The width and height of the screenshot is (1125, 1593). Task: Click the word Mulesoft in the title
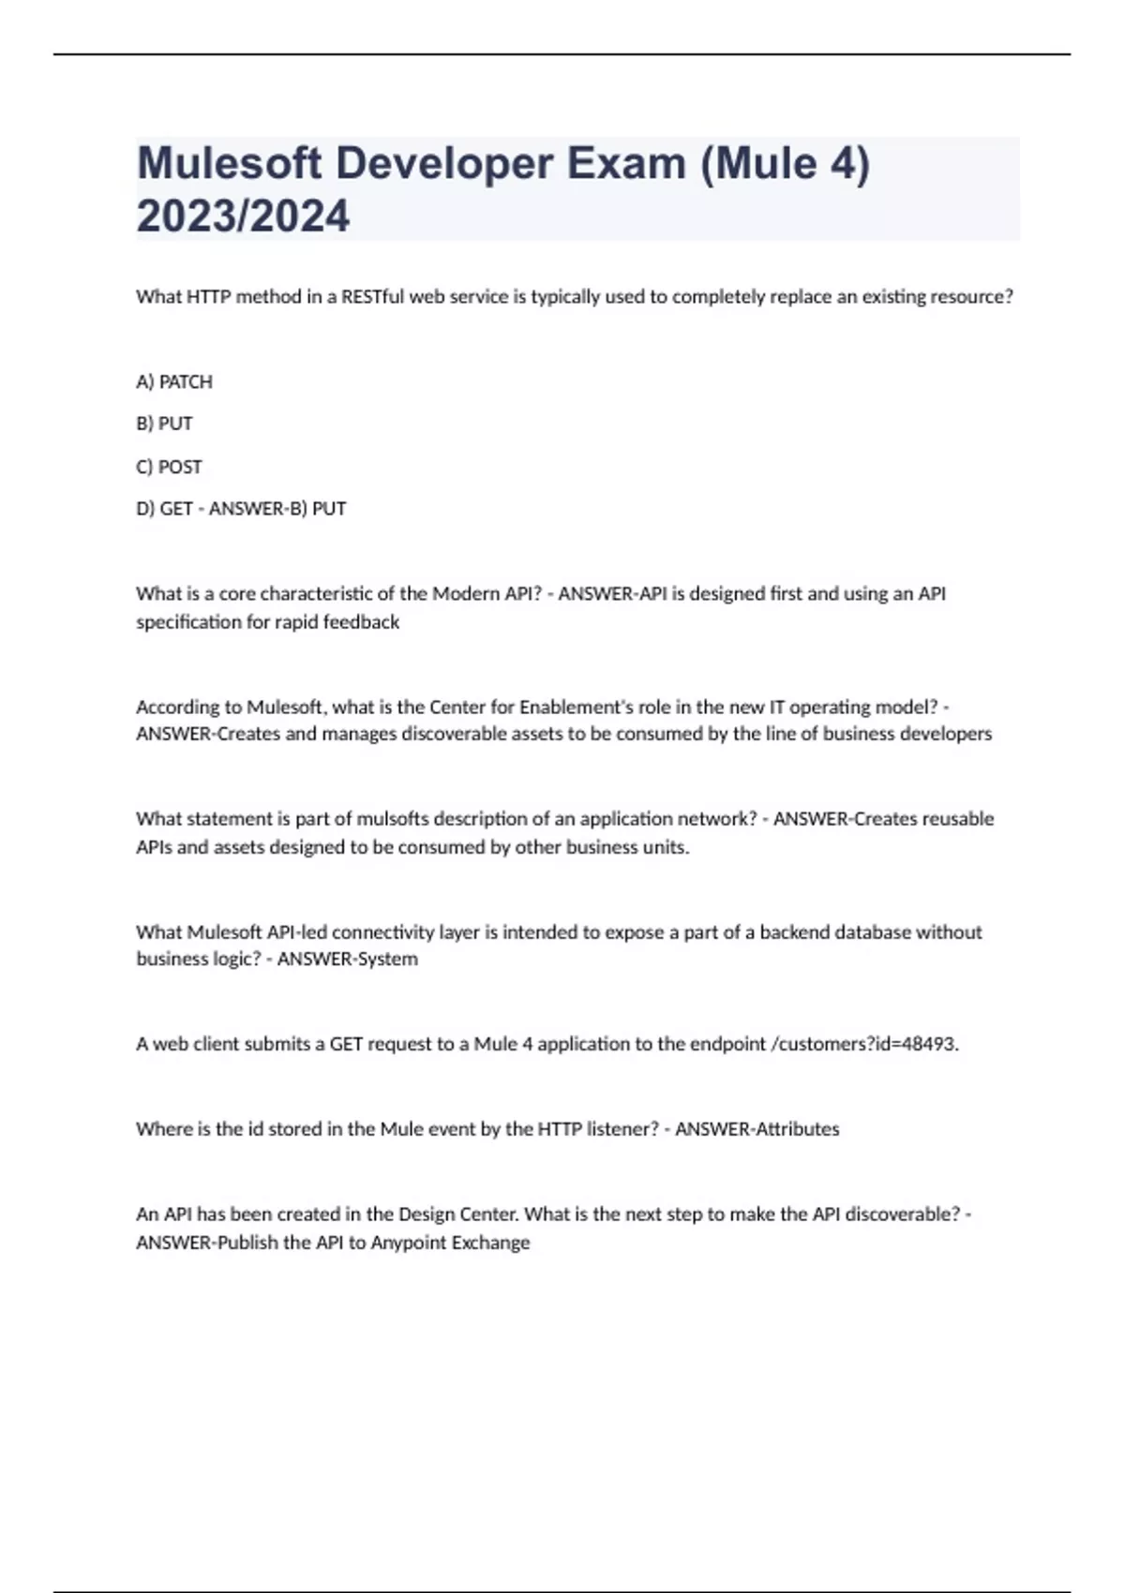coord(229,163)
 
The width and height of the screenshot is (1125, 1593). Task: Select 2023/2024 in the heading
coord(243,216)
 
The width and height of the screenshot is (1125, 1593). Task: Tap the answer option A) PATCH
coord(174,382)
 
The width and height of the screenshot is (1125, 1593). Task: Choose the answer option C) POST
coord(169,467)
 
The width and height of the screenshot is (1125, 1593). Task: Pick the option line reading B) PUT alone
coord(164,424)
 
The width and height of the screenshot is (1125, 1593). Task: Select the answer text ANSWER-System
coord(347,960)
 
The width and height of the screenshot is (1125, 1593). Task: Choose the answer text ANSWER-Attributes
coord(757,1129)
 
